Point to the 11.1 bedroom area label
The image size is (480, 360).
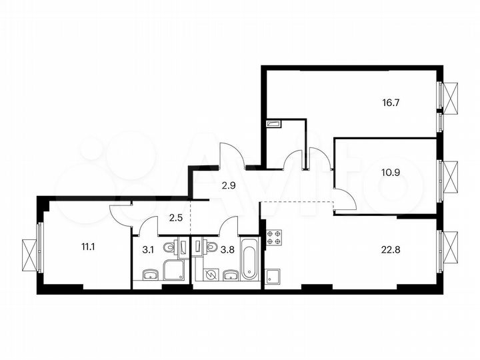click(88, 247)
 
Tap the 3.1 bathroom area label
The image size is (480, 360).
click(150, 251)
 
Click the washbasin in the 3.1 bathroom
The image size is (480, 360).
click(150, 275)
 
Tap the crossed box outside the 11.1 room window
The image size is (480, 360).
click(28, 254)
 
